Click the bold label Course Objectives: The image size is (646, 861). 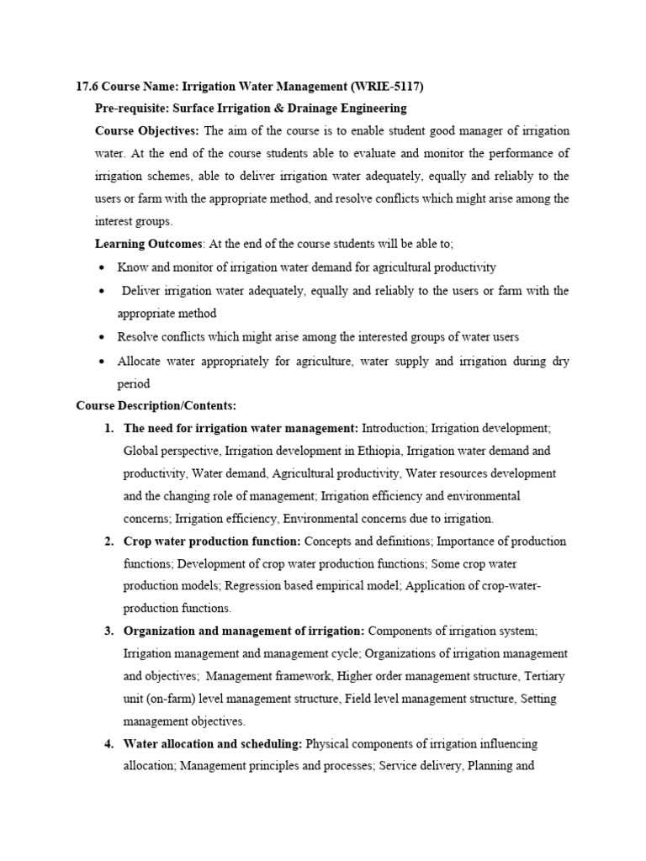[147, 131]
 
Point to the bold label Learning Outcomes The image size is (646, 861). [148, 245]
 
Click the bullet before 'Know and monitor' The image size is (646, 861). [102, 268]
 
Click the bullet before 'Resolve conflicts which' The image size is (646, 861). [102, 337]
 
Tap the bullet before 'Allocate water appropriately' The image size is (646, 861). [102, 361]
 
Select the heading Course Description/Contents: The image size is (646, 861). [156, 405]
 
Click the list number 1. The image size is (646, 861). [109, 428]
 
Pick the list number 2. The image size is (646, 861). [109, 541]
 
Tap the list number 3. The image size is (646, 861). [109, 631]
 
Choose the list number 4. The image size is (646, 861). [109, 744]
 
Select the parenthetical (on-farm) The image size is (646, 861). [177, 699]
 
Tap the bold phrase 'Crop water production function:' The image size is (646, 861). [212, 541]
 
